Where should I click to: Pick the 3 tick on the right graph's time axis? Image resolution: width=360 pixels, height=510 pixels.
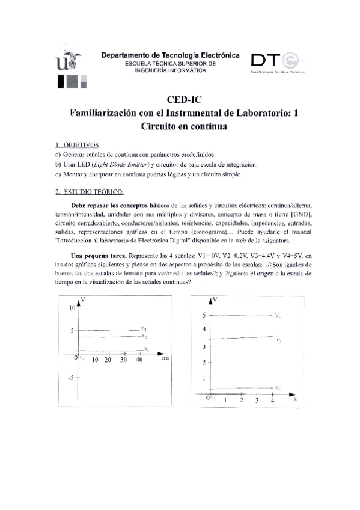(x=257, y=400)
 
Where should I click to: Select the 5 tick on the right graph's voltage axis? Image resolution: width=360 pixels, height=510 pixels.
(x=204, y=315)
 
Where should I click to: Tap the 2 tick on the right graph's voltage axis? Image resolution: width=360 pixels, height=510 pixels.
(x=204, y=362)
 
